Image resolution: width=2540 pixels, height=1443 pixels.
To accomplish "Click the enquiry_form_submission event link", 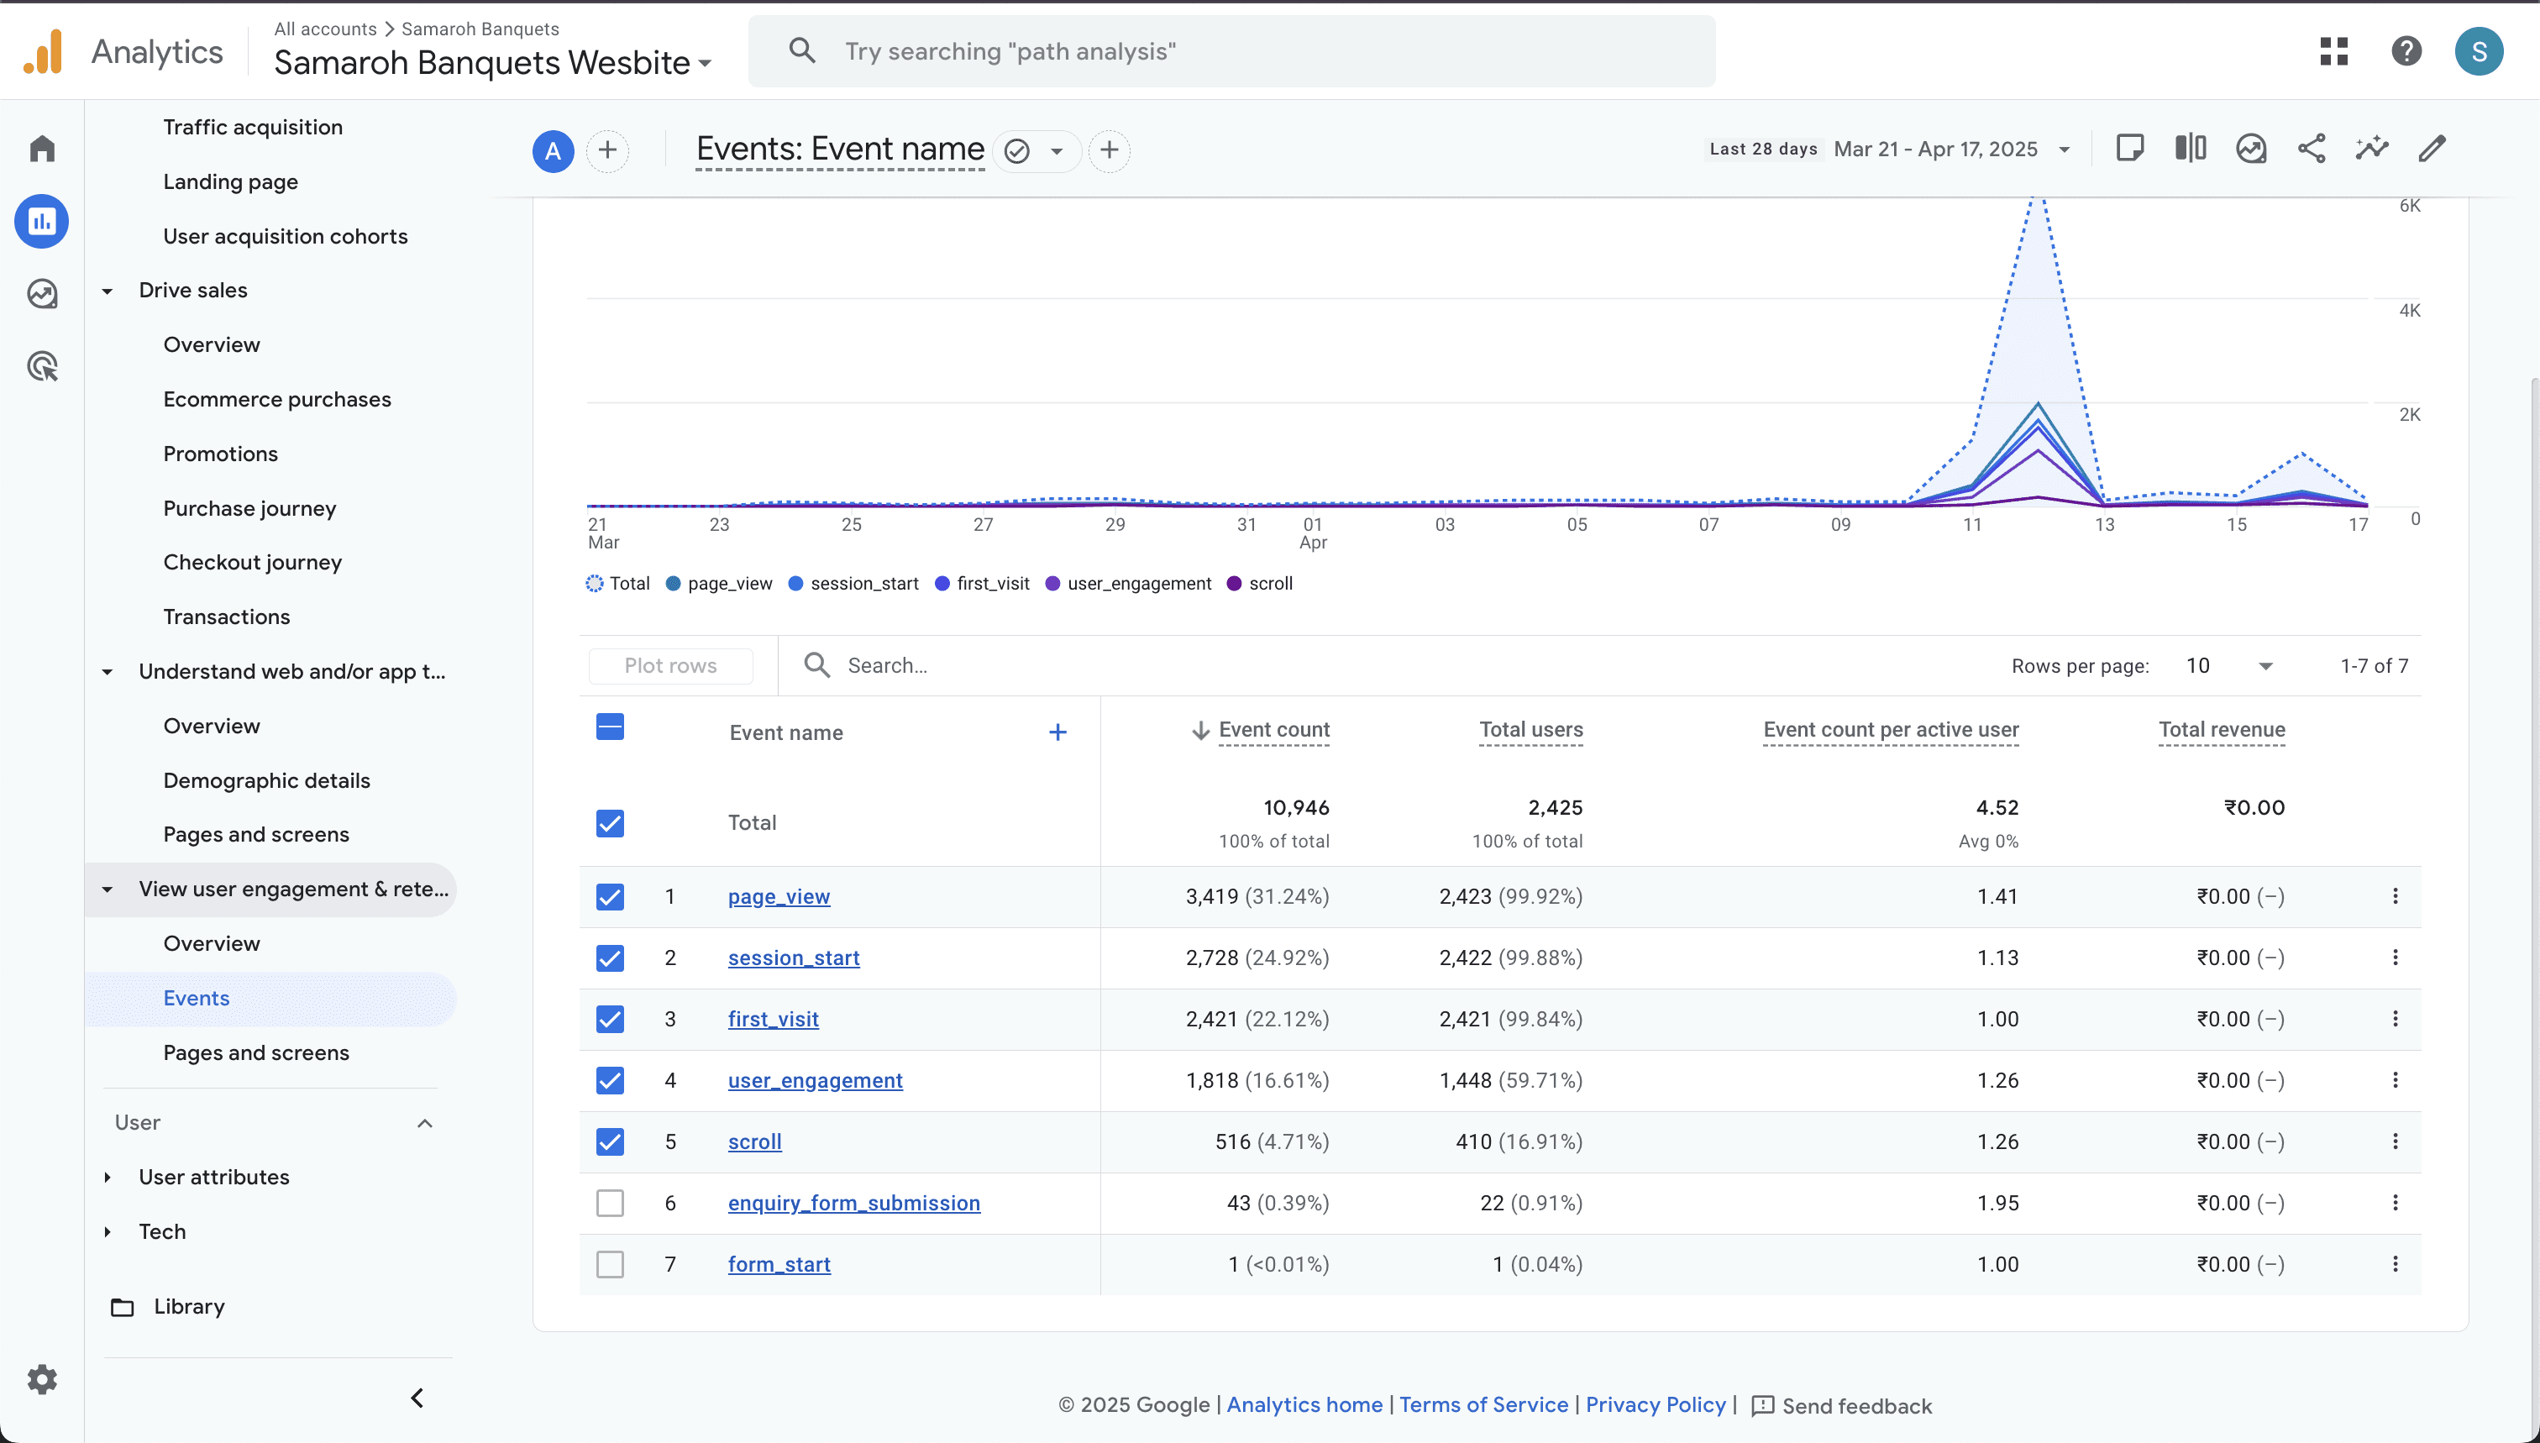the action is (x=853, y=1203).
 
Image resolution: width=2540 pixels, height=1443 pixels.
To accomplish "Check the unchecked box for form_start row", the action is (x=611, y=1265).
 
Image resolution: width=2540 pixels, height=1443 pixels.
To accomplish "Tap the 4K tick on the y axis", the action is (x=2409, y=310).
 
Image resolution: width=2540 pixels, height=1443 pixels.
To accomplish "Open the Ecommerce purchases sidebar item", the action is (x=277, y=400).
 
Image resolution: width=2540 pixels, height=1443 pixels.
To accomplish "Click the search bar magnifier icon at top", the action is (x=802, y=50).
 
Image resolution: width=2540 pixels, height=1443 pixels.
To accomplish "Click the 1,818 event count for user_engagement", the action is (x=1212, y=1080).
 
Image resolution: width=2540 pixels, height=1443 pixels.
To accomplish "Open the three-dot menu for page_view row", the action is (x=2396, y=896).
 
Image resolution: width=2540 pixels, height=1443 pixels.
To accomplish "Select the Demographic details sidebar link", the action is (x=266, y=781).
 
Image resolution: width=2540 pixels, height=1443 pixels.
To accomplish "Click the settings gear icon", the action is (x=42, y=1379).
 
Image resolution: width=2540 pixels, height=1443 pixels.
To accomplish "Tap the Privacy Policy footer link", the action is (x=1655, y=1405).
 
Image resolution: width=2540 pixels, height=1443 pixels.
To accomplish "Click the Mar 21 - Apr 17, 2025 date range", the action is (x=1935, y=150).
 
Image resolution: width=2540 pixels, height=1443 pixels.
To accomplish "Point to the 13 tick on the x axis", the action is (x=2104, y=525).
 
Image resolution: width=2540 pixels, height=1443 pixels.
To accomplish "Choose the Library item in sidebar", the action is (x=189, y=1307).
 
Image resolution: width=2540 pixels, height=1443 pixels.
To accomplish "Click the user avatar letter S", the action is (x=2479, y=51).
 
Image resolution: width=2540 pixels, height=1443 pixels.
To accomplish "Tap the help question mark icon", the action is (x=2406, y=51).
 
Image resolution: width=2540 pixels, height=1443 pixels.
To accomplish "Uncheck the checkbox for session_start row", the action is (x=611, y=958).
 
